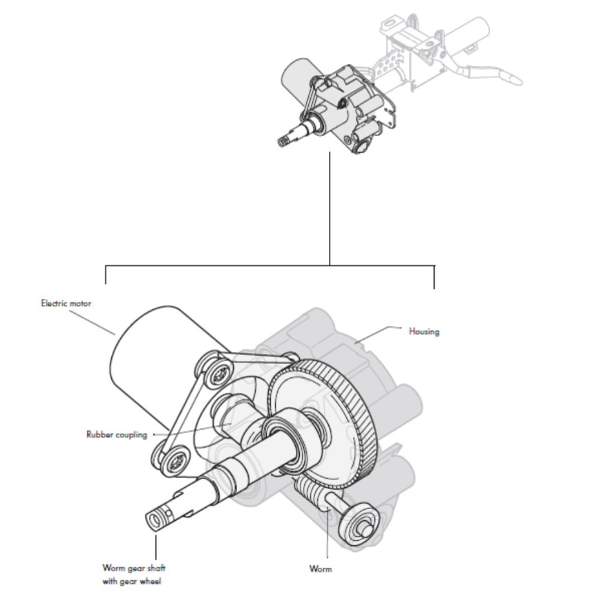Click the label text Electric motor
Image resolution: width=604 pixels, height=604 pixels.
(65, 304)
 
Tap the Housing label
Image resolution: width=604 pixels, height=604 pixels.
(424, 332)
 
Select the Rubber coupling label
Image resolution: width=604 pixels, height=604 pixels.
(117, 433)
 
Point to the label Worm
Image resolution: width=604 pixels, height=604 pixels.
(320, 569)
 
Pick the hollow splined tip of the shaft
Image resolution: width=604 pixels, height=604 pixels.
(155, 517)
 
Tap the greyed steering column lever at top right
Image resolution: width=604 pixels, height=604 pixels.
(492, 73)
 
